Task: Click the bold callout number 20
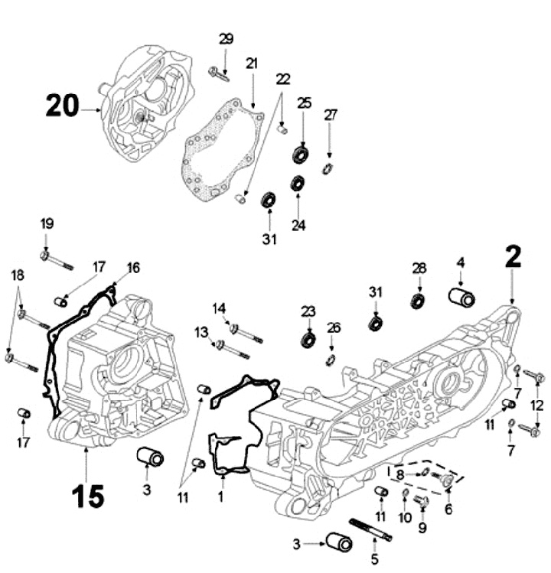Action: coord(63,106)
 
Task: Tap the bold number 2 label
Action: coord(512,257)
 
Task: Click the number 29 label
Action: coord(226,38)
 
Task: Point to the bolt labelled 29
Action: coord(220,74)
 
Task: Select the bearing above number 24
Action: coord(298,184)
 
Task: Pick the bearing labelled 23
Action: coord(309,338)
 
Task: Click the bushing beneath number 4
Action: coord(461,298)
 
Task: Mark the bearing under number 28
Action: coord(418,300)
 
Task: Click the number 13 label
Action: coord(202,331)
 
